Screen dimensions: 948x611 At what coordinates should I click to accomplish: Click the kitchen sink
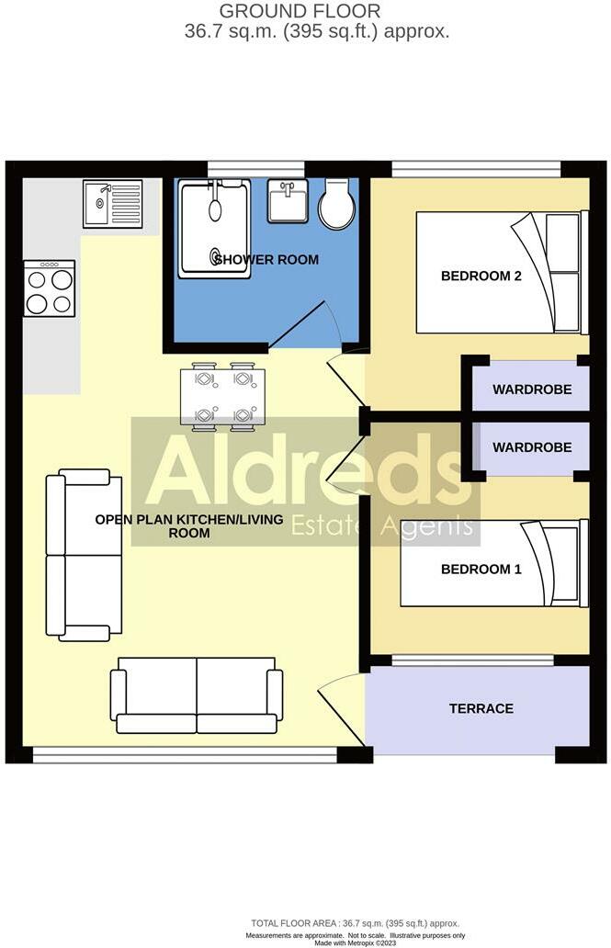[113, 203]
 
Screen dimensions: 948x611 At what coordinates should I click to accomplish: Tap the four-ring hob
[49, 289]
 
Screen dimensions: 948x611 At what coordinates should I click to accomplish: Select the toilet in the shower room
[335, 203]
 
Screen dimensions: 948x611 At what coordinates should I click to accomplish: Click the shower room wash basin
[288, 200]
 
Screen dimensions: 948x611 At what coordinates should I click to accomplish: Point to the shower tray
[215, 226]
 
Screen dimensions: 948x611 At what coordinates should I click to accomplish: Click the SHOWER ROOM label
[266, 260]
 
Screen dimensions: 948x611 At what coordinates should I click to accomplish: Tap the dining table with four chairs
[222, 397]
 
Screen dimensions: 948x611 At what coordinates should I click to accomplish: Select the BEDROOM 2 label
[481, 276]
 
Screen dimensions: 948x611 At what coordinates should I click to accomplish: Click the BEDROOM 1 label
[481, 570]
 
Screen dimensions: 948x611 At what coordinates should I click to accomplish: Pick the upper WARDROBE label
[532, 389]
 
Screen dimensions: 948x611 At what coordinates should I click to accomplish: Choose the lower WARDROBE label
[532, 448]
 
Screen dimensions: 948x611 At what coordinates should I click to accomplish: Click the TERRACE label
[481, 708]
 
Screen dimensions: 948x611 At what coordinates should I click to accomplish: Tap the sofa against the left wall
[84, 555]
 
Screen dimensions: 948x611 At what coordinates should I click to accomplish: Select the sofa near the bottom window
[197, 694]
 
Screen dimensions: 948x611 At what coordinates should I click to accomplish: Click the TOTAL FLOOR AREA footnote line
[355, 923]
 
